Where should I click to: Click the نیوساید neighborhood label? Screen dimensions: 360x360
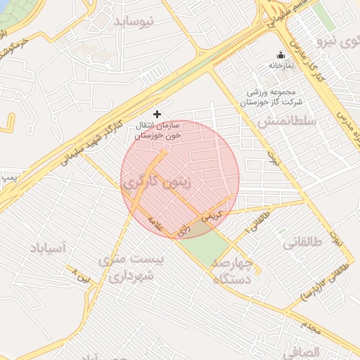tap(143, 22)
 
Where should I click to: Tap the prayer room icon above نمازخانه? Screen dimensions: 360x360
tap(281, 56)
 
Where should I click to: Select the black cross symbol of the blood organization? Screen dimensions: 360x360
tap(157, 113)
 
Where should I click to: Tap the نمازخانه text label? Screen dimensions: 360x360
tap(281, 65)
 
